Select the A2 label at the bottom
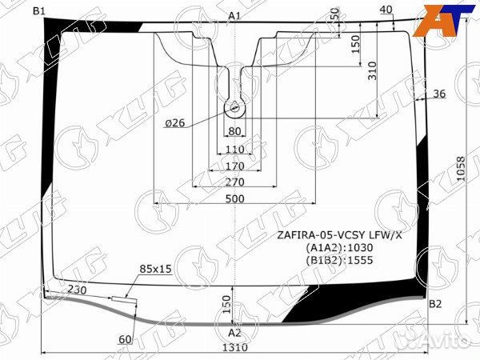point(234,332)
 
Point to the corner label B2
point(435,303)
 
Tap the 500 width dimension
point(235,198)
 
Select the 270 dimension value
point(235,182)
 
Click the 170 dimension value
point(234,166)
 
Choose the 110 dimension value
point(234,150)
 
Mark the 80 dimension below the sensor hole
point(234,131)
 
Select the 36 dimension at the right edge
point(438,94)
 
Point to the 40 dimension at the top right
point(386,10)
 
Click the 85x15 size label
point(155,269)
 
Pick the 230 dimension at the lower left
point(78,289)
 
